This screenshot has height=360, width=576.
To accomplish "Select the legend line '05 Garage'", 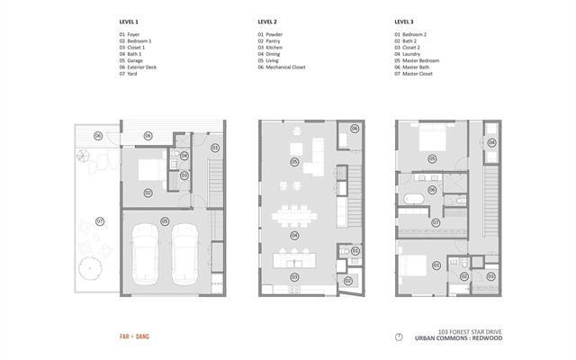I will click(133, 60).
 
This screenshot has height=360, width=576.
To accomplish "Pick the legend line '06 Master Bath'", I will click(413, 67).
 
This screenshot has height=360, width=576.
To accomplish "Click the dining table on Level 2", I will click(293, 217).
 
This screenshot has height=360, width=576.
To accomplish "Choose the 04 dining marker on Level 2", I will click(293, 235).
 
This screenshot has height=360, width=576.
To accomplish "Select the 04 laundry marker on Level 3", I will click(490, 141).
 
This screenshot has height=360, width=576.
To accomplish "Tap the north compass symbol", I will click(399, 337).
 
